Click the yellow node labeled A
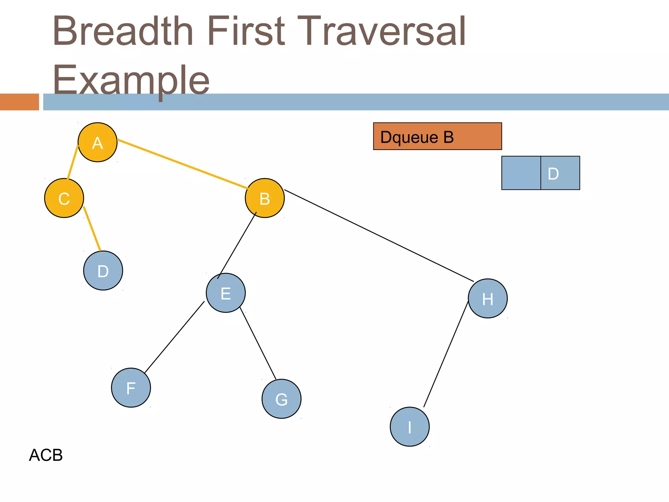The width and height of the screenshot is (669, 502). (x=97, y=142)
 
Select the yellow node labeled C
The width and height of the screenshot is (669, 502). (x=64, y=198)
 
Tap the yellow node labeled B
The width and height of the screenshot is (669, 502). (x=265, y=198)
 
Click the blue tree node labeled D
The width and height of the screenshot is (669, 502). (x=103, y=271)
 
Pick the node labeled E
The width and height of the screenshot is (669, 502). (x=226, y=293)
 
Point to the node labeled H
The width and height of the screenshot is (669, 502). (x=488, y=298)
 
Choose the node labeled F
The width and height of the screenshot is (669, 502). (x=131, y=388)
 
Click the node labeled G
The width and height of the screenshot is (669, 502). (x=281, y=399)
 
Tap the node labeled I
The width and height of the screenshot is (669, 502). (x=410, y=427)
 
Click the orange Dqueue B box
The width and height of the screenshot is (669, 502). (x=437, y=136)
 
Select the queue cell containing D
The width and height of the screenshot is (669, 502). (x=560, y=173)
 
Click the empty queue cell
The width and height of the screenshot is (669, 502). (x=521, y=173)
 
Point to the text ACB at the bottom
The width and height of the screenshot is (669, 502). (x=46, y=455)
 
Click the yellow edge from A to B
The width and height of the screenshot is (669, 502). (x=182, y=164)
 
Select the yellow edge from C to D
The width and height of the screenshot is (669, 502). (x=92, y=228)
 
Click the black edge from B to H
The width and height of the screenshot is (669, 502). (x=379, y=235)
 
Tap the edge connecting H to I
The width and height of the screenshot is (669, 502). (x=446, y=354)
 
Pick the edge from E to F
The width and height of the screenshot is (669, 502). (x=174, y=337)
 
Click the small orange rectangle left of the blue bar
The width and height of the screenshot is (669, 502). (x=19, y=102)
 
